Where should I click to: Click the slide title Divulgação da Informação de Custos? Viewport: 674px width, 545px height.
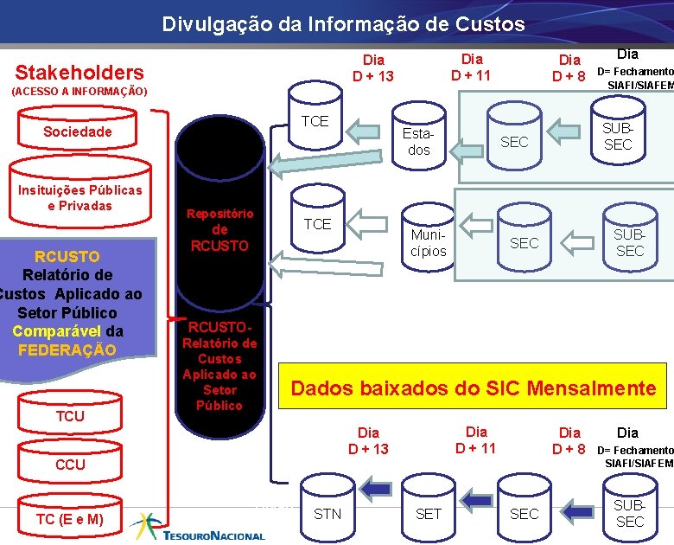tap(343, 24)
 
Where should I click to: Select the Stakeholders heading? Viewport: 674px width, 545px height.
tap(79, 72)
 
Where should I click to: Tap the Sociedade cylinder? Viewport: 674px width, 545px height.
tap(78, 131)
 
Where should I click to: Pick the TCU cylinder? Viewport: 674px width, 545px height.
tap(70, 416)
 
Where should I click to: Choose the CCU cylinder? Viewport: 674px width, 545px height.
tap(70, 465)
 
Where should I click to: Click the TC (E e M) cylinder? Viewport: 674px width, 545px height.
tap(70, 519)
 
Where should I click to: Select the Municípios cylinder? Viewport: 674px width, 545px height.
tap(429, 240)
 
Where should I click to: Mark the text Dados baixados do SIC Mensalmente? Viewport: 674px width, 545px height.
tap(474, 388)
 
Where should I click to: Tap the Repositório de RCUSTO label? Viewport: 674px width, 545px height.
tap(219, 229)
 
